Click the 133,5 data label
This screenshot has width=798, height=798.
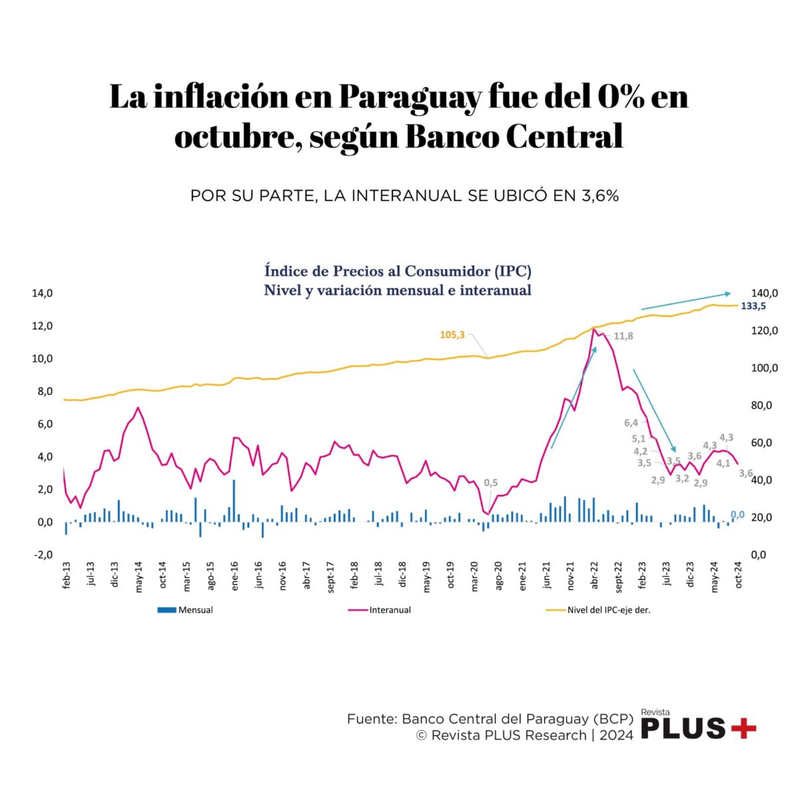[753, 306]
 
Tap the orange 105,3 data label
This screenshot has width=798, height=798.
[452, 334]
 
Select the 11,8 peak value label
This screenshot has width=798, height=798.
[623, 336]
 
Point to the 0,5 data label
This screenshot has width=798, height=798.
[491, 483]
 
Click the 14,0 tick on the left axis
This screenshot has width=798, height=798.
[41, 293]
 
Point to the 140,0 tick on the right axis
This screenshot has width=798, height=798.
[764, 293]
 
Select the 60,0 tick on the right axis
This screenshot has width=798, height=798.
[764, 443]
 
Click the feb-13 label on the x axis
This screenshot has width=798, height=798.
[66, 576]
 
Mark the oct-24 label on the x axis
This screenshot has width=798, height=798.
[738, 576]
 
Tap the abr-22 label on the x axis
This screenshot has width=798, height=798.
[595, 576]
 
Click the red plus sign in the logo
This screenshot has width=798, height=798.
[743, 729]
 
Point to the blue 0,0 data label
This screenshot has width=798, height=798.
[737, 515]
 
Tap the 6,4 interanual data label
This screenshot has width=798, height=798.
[630, 423]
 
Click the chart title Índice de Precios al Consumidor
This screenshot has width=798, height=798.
[398, 271]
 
